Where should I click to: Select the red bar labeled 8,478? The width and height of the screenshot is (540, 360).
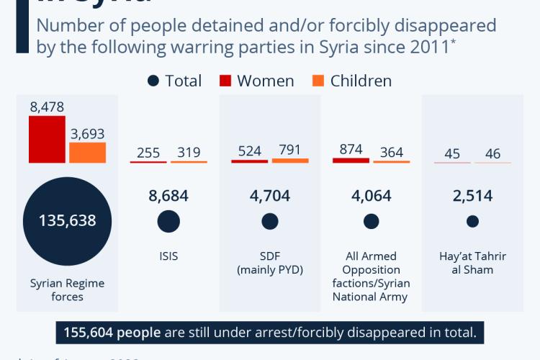48,140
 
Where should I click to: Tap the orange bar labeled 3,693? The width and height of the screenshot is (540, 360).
88,153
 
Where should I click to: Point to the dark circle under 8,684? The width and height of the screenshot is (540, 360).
168,222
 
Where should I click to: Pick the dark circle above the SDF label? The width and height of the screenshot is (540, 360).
270,222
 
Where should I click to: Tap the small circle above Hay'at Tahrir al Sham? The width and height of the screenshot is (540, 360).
472,222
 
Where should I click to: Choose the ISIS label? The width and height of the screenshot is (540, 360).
168,256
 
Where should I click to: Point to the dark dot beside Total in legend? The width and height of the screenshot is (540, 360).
153,81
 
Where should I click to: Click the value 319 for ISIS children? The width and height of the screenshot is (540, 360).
189,152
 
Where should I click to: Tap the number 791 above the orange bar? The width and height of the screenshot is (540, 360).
290,151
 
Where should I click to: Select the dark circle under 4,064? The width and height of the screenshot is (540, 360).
372,222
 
